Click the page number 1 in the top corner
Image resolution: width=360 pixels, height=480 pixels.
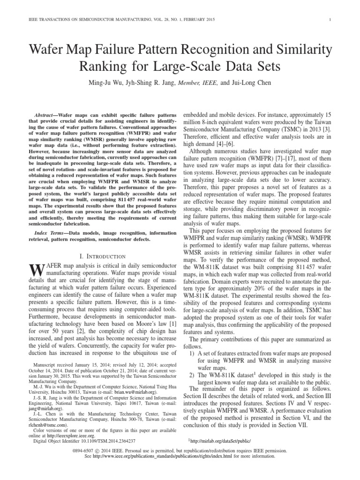331,19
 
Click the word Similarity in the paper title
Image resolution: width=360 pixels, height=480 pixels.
298,49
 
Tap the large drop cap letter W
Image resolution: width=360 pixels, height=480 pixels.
36,270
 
